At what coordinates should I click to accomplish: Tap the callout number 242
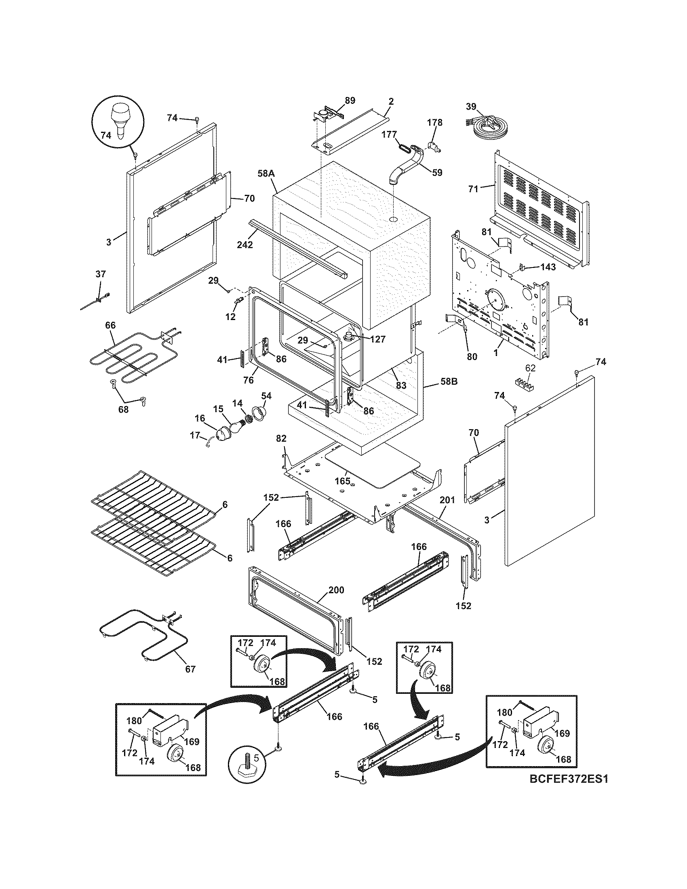pyautogui.click(x=245, y=244)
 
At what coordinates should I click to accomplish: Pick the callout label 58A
pyautogui.click(x=266, y=173)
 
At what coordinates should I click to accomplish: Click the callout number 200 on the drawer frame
pyautogui.click(x=336, y=590)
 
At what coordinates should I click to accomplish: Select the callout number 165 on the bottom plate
pyautogui.click(x=342, y=481)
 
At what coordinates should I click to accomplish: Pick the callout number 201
pyautogui.click(x=447, y=500)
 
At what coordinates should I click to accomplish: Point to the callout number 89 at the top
pyautogui.click(x=350, y=100)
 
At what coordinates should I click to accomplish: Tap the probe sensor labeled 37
pyautogui.click(x=98, y=301)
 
